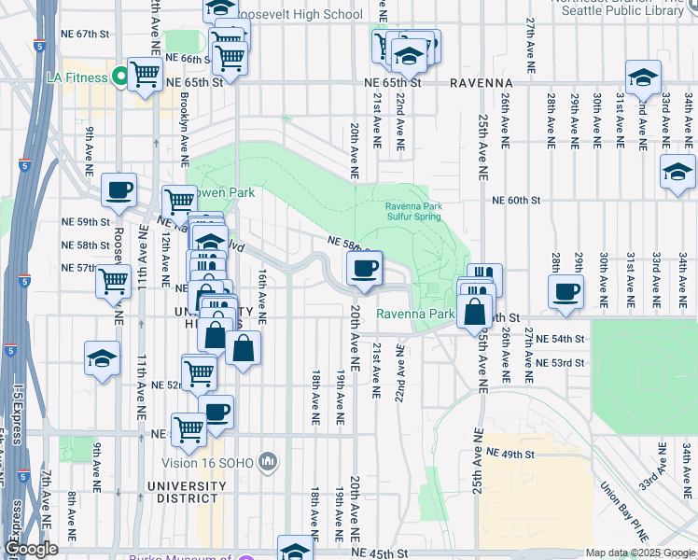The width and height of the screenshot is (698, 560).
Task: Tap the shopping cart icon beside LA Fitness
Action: (145, 74)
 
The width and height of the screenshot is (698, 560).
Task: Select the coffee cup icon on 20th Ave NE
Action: (365, 269)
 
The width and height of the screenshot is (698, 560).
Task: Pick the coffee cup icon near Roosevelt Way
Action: (119, 189)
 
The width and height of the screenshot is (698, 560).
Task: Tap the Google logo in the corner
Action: (30, 549)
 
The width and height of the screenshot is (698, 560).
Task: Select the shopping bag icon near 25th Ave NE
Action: (475, 314)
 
